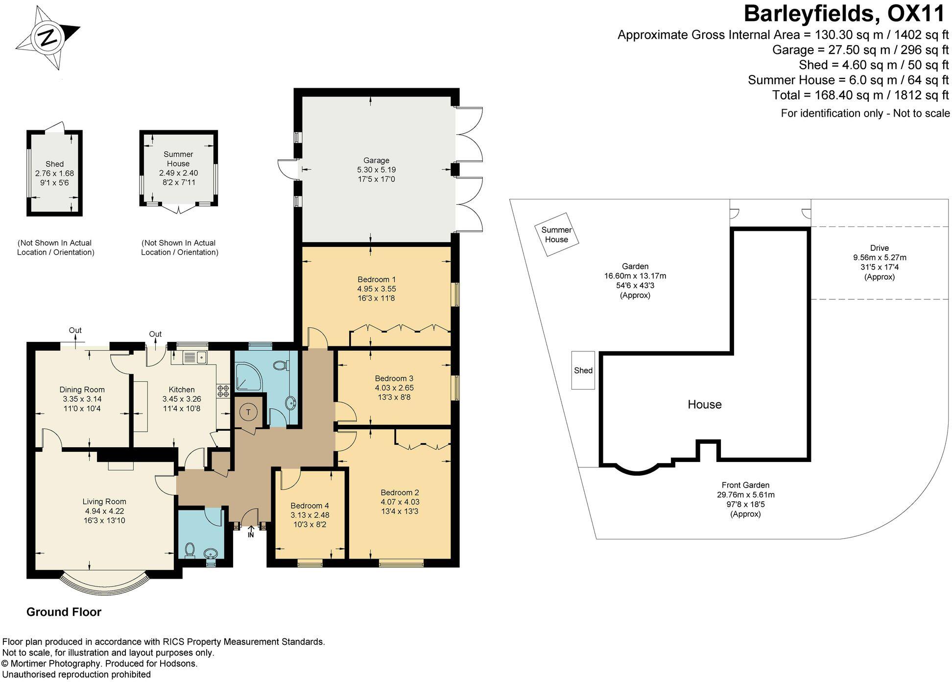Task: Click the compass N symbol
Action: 48,38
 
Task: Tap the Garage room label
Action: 376,160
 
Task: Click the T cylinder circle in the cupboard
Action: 248,413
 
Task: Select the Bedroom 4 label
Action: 309,506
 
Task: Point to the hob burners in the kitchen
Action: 223,391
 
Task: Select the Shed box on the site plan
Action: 583,370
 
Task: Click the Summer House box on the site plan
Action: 556,235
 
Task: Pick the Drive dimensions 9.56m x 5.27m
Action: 880,257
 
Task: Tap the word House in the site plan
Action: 704,404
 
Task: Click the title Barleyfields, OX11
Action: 844,14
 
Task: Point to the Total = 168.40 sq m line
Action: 860,95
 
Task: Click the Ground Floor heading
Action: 64,611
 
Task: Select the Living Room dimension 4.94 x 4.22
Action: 104,511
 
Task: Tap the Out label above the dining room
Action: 75,330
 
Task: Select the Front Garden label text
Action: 745,485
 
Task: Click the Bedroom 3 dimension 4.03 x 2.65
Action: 394,388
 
